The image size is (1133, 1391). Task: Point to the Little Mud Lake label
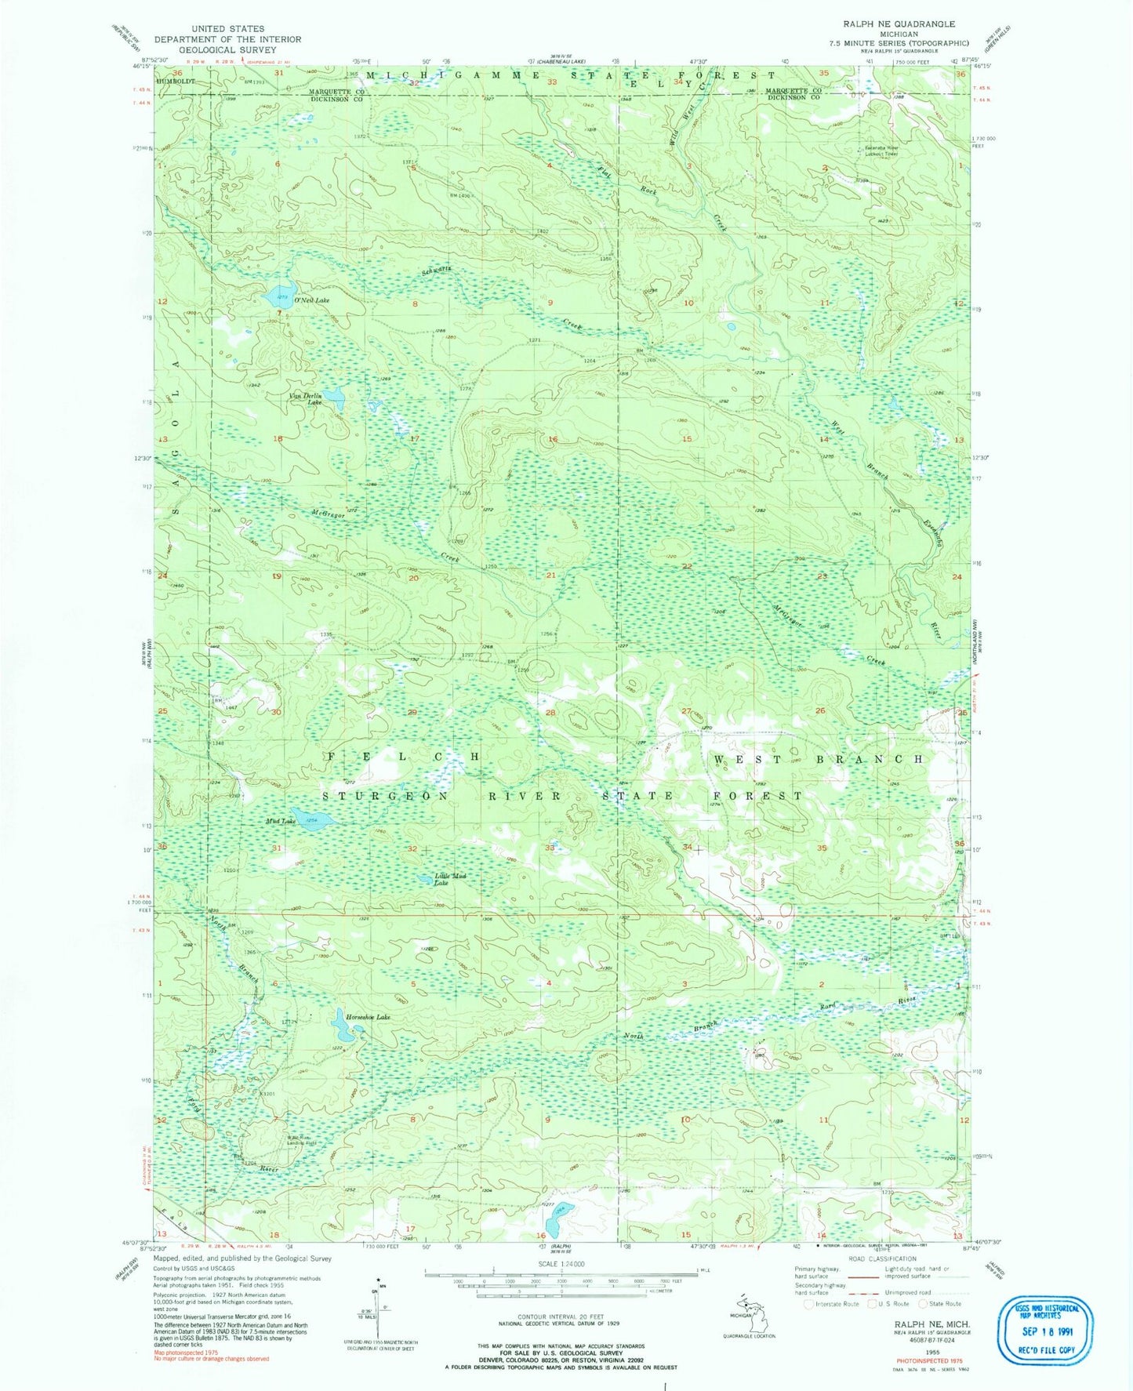(x=451, y=879)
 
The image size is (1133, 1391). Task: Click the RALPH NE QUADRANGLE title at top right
(x=899, y=24)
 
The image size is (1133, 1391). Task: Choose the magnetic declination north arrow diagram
(x=377, y=1309)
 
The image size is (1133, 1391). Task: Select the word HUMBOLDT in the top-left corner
(x=175, y=82)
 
